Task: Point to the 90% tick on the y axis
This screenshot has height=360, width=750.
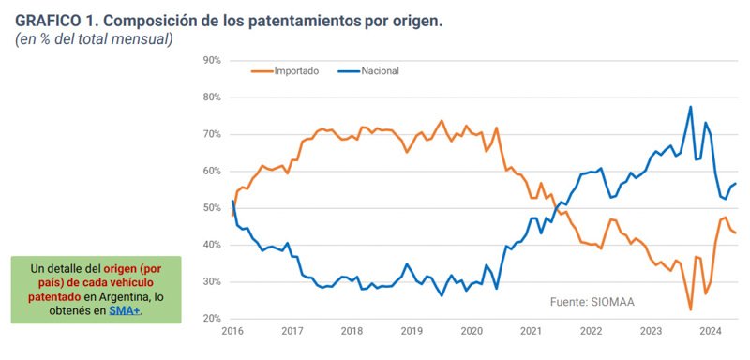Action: tap(211, 60)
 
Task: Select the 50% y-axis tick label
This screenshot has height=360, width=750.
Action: tap(211, 208)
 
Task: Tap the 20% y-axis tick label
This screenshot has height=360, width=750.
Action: tap(211, 319)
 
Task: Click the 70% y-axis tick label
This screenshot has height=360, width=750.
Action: tap(211, 134)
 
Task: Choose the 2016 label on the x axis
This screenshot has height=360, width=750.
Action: tap(232, 331)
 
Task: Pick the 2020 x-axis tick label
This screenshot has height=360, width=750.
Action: tap(472, 331)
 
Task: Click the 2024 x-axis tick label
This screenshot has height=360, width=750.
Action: tap(710, 331)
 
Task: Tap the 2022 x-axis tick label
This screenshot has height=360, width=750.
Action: tap(591, 331)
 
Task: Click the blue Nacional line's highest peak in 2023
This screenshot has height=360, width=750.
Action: tap(690, 107)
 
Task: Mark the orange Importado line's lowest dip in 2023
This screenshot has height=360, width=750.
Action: tap(690, 309)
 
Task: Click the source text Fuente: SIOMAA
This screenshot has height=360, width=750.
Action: tap(590, 302)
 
